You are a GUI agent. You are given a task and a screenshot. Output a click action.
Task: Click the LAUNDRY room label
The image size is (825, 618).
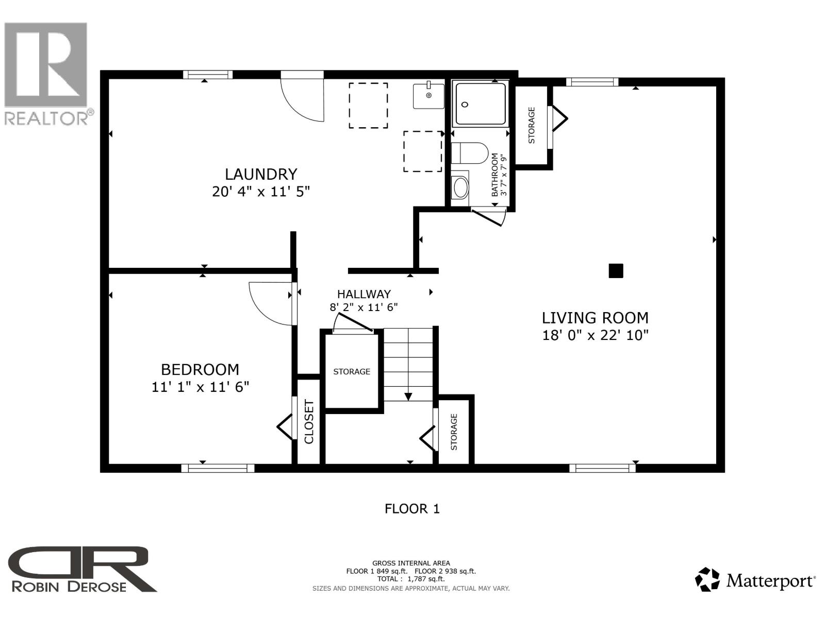point(261,174)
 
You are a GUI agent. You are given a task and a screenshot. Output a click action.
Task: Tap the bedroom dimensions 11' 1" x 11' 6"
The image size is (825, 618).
point(200,387)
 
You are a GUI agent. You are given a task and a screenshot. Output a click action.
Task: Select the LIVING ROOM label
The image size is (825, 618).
point(595,318)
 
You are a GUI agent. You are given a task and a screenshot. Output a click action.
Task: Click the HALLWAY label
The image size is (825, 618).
point(364,294)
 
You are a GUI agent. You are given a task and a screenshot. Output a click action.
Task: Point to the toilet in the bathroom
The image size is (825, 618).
point(469,153)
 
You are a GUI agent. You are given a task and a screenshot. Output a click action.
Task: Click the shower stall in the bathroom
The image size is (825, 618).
point(480,104)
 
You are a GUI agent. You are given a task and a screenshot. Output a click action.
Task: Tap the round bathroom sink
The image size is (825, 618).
point(460,187)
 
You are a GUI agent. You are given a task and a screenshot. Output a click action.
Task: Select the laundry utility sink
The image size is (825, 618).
point(428,96)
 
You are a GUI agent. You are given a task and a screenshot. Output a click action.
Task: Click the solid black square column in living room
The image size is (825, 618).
point(616,271)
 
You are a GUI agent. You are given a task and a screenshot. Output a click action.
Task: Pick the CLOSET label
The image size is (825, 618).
point(309,422)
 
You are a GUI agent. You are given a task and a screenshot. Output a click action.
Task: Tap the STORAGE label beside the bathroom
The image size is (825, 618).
point(532,125)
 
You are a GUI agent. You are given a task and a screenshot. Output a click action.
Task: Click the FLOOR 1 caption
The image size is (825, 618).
point(412,509)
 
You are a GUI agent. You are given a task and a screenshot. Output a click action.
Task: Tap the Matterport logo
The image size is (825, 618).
point(755,581)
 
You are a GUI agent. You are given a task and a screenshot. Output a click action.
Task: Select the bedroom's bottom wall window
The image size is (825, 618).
point(218,468)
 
